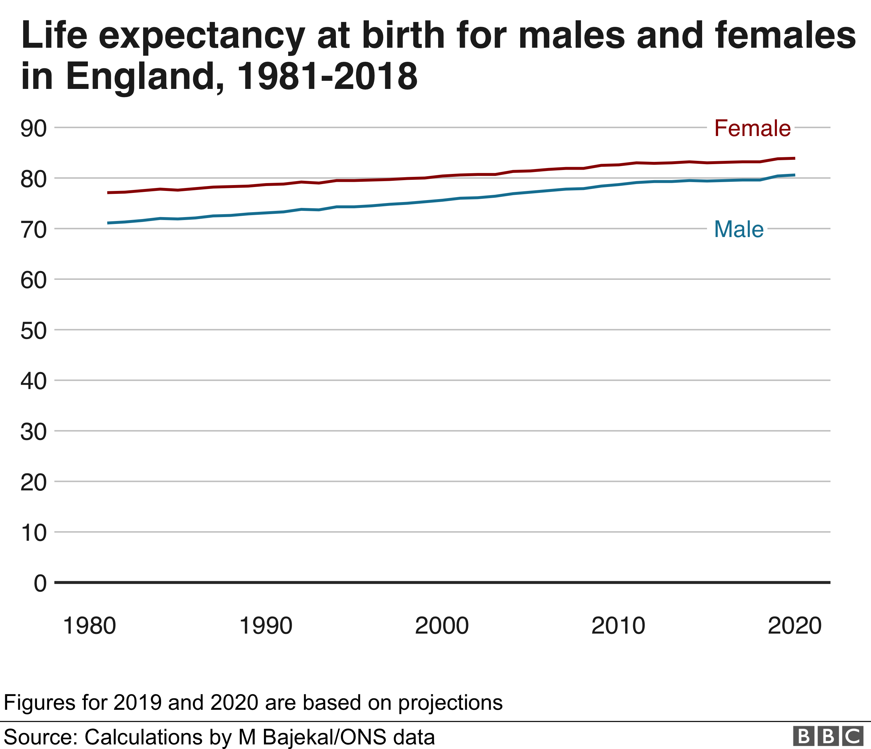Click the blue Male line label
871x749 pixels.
(739, 229)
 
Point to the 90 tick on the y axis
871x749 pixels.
(34, 128)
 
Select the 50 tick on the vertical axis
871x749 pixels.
(34, 331)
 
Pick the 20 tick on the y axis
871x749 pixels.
(34, 482)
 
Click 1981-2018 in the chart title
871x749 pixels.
(327, 77)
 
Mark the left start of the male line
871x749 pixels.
(108, 223)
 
